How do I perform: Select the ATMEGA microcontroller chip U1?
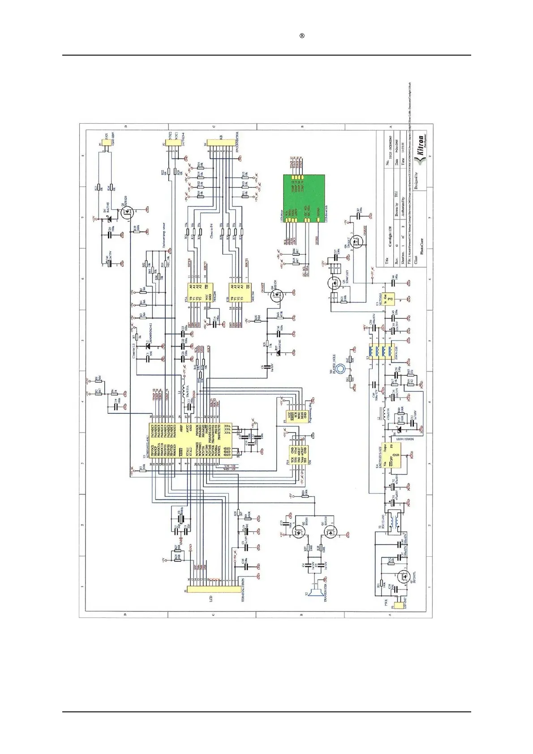click(x=189, y=440)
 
